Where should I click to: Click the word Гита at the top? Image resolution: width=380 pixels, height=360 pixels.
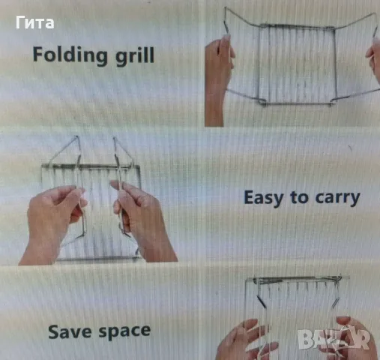point(34,22)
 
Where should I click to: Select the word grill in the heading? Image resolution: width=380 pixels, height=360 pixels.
point(135,55)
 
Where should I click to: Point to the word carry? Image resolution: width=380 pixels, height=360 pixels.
point(337,199)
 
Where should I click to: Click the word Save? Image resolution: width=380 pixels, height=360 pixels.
point(70,331)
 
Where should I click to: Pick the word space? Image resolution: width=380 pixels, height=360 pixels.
point(124,332)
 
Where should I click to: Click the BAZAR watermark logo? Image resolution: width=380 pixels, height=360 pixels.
point(334,339)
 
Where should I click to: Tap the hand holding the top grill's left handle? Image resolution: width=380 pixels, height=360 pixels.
point(218,80)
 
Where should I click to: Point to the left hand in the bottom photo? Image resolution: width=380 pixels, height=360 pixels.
point(245,340)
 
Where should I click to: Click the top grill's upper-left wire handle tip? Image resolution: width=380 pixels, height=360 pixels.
point(225,7)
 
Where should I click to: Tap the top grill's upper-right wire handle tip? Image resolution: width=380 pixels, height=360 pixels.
point(376,13)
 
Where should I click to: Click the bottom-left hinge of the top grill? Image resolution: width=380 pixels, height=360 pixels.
point(262,102)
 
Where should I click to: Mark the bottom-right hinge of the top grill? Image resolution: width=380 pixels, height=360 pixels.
point(332,102)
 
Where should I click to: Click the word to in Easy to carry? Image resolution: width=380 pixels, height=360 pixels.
point(299,198)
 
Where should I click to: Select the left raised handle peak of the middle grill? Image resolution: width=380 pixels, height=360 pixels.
point(77,136)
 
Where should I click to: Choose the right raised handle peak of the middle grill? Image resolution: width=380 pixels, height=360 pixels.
point(115,137)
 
